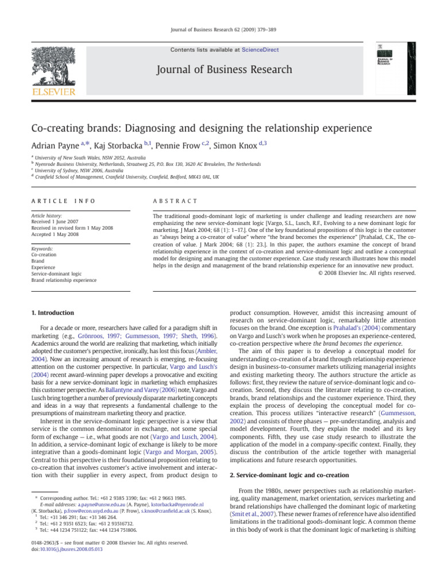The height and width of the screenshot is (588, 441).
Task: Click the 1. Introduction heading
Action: coord(52,313)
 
